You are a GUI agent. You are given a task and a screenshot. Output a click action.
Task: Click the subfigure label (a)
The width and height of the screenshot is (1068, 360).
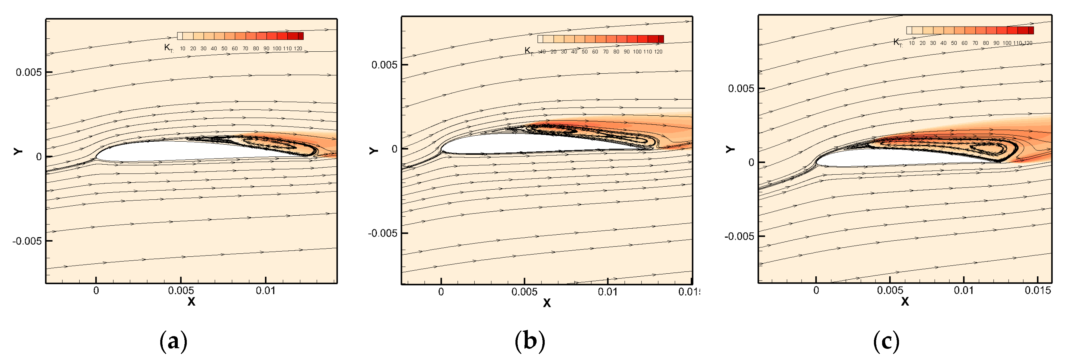pos(173,341)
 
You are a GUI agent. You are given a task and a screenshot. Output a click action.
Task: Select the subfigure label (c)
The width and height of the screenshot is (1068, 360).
pos(886,341)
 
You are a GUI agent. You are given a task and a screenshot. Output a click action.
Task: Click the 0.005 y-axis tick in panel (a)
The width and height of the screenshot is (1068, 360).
pos(29,72)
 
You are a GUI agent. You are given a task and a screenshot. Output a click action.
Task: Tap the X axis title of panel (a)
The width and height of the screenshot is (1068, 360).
pos(191,301)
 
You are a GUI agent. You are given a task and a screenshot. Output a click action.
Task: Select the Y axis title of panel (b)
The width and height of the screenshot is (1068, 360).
pos(373,150)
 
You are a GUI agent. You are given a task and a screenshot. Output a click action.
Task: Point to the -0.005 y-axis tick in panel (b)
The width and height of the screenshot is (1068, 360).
pos(382,233)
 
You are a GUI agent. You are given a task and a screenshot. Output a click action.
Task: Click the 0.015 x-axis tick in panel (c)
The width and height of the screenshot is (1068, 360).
pos(1038,290)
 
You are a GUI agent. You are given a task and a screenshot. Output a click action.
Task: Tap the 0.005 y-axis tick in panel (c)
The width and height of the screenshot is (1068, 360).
pos(741,89)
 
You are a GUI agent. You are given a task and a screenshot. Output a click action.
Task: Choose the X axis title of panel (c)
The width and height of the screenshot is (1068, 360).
pos(905,301)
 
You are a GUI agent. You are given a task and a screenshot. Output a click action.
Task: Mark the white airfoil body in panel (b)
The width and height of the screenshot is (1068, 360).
pos(518,144)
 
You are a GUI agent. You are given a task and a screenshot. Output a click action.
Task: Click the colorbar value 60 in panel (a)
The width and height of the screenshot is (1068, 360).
pos(235,49)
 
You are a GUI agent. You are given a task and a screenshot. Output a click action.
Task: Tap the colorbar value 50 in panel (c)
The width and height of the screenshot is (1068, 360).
pos(954,43)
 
